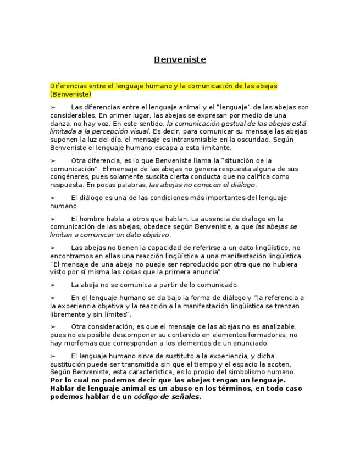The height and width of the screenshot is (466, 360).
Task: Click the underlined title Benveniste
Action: [180, 59]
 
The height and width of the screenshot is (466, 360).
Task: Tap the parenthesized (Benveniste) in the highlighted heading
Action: [70, 94]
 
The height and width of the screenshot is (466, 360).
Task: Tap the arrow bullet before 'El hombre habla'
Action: [53, 219]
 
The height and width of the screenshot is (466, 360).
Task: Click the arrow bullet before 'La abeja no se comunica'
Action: [53, 285]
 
